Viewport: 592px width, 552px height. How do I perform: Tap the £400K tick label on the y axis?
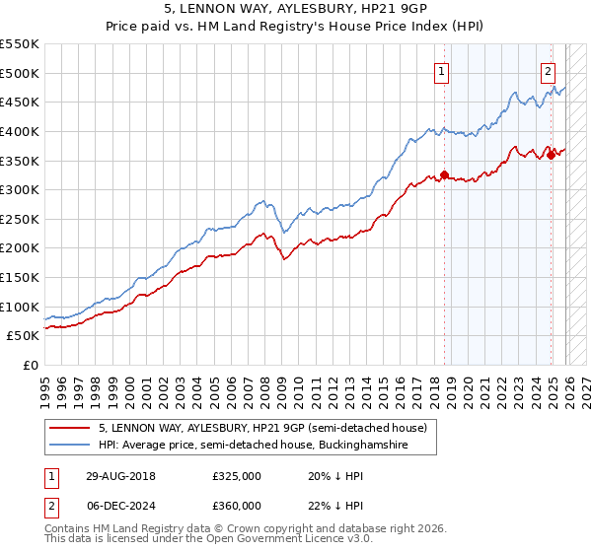click(x=20, y=131)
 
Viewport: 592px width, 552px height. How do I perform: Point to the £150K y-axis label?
click(x=20, y=278)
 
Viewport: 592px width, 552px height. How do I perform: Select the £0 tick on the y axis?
click(x=30, y=366)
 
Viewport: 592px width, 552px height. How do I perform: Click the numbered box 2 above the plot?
click(x=548, y=70)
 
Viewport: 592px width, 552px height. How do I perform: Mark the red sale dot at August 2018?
click(x=445, y=175)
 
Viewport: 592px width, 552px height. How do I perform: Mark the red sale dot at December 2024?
click(x=551, y=155)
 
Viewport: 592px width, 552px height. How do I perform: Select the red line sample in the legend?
click(x=70, y=429)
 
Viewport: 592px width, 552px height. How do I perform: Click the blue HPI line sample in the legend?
click(x=70, y=446)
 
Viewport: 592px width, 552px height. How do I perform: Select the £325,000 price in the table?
click(x=236, y=475)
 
